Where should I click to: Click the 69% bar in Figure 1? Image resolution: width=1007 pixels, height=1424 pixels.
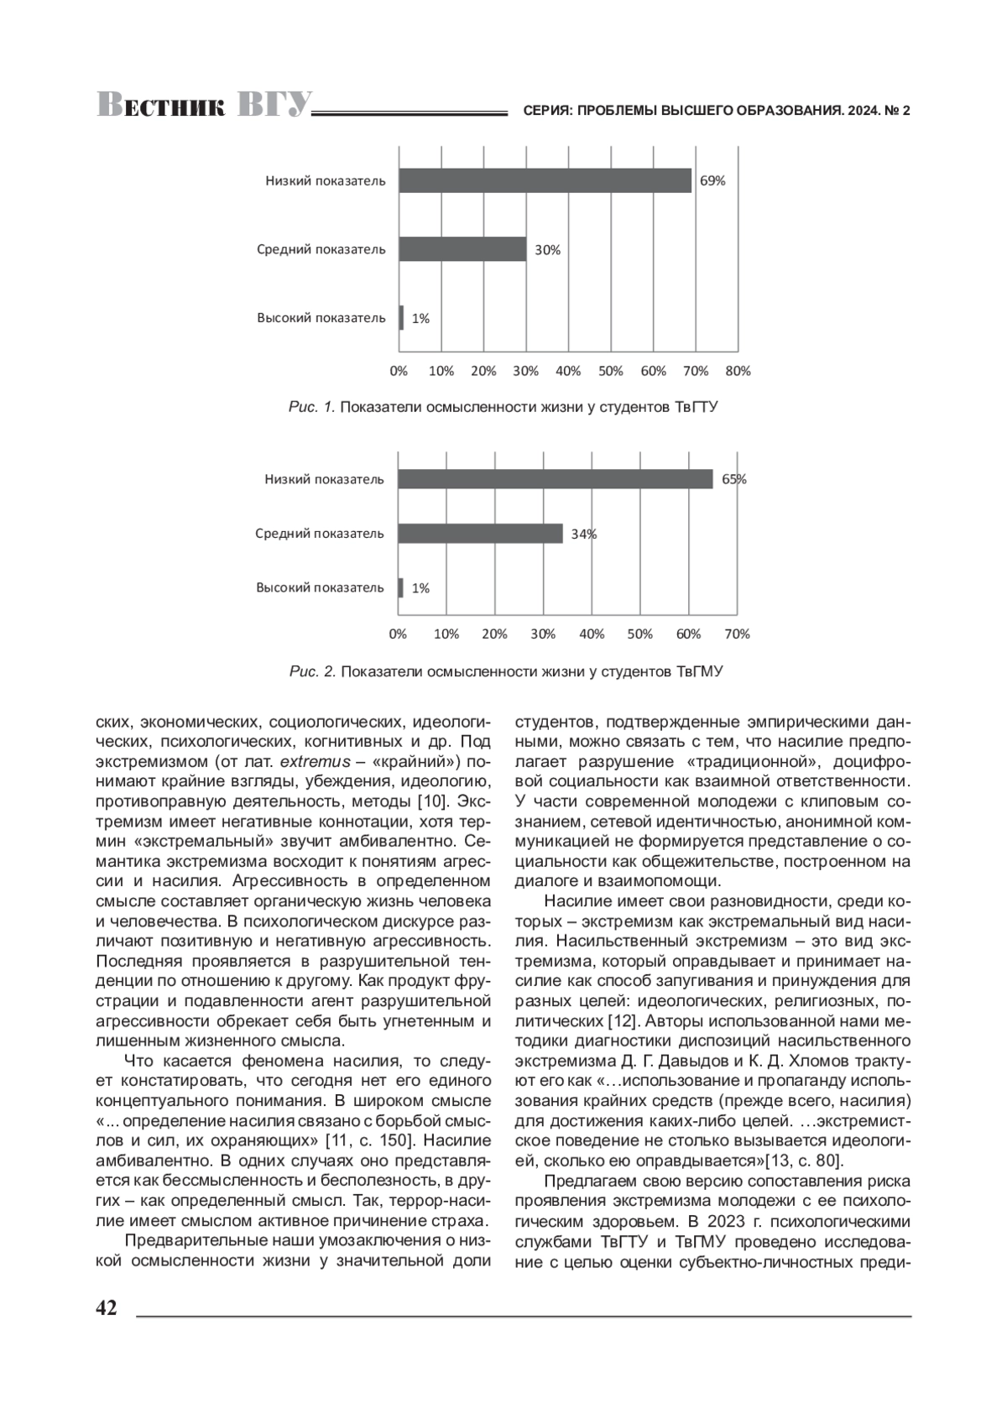[x=545, y=180]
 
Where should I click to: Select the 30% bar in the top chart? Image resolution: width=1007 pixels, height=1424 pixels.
[x=462, y=249]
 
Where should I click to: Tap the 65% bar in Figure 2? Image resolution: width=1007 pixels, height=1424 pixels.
[x=555, y=479]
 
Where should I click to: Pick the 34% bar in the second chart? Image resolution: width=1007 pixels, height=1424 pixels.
[x=480, y=534]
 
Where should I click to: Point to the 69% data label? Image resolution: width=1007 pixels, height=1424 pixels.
[x=713, y=180]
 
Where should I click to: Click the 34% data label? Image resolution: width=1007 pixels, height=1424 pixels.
[x=584, y=534]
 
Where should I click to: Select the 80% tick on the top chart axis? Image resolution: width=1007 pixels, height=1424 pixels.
[x=738, y=371]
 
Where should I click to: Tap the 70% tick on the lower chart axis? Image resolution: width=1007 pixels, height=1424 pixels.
[x=737, y=634]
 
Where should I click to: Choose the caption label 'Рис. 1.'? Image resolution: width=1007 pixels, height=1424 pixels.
[x=312, y=408]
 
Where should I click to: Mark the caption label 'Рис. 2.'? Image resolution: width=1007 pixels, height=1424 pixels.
[x=312, y=672]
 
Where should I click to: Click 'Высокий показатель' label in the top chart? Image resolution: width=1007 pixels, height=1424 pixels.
[x=321, y=318]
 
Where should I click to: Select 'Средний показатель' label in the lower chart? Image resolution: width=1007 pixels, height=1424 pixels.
[x=320, y=534]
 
